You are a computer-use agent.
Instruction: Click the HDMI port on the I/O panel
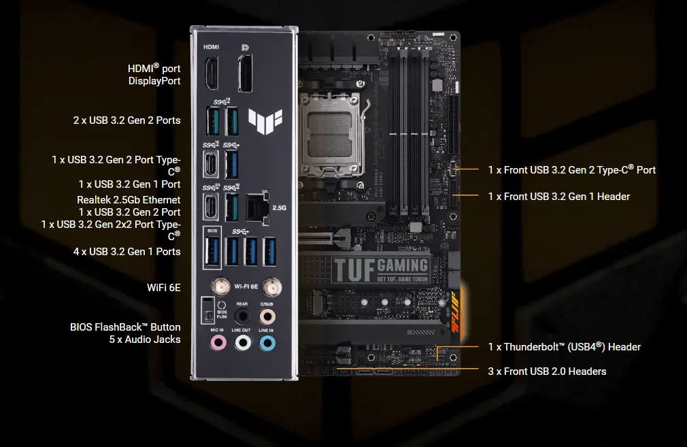[211, 73]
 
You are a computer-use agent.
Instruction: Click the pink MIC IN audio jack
[217, 343]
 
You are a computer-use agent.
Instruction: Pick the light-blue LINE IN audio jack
[267, 343]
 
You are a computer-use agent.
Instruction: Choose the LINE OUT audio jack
[242, 343]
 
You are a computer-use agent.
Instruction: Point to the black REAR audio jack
[242, 316]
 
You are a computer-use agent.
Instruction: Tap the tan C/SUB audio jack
[267, 316]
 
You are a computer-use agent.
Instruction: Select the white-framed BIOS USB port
[211, 250]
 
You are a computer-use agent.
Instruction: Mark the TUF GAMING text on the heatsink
[381, 269]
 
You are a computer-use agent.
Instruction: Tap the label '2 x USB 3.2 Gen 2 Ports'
[127, 120]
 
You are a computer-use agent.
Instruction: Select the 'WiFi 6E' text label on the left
[163, 288]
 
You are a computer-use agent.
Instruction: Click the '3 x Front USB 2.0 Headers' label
[547, 371]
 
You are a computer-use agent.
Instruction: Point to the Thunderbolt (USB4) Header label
[564, 347]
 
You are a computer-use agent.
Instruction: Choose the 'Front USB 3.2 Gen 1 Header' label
[558, 197]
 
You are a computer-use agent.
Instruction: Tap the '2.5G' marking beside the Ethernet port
[279, 208]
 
